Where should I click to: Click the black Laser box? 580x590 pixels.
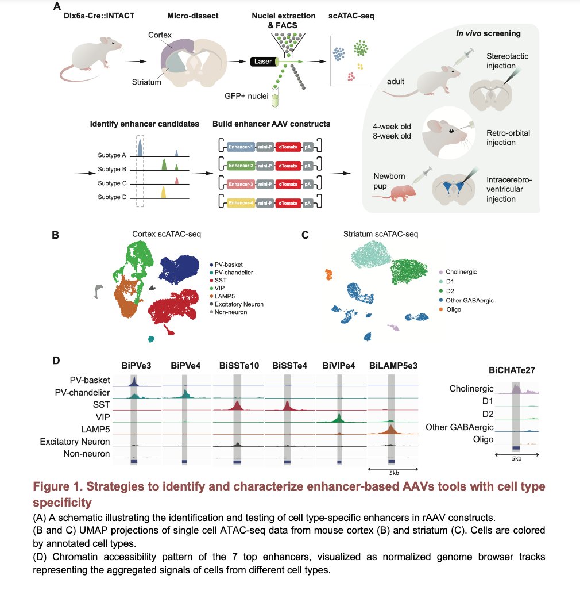pos(262,62)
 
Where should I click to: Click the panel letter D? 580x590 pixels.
pos(56,361)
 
